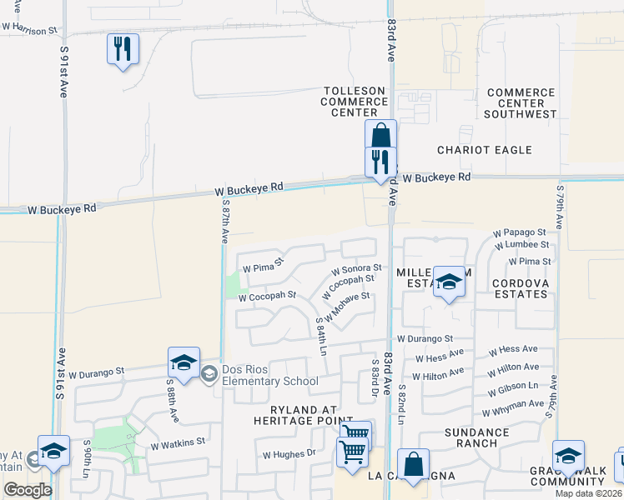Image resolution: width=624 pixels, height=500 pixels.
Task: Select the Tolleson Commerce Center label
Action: coord(355,101)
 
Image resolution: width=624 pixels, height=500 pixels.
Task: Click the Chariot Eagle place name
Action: coord(485,150)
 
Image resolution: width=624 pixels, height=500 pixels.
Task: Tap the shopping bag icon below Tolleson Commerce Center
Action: coord(380,136)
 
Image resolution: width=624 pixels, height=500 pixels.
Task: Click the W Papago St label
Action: coord(519,232)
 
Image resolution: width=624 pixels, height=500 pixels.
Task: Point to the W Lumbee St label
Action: coord(522,245)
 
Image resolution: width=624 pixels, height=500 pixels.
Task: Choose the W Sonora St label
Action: coord(356,270)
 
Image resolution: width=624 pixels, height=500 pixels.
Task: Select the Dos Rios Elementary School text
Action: coord(269,376)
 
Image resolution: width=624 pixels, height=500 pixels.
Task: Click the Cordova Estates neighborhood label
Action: coord(523,288)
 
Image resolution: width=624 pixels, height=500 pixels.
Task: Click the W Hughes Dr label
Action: coord(289,454)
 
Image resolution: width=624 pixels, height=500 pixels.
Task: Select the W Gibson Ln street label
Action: coord(513,387)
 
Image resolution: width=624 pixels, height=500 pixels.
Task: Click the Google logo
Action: coord(28,490)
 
